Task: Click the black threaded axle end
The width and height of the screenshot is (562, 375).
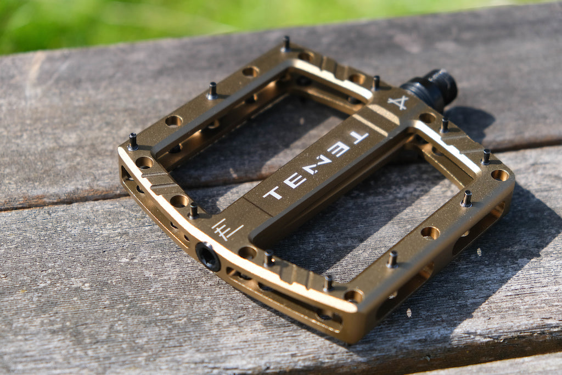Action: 430,88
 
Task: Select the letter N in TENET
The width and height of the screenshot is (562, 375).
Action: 316,166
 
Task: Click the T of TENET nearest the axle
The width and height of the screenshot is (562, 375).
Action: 358,138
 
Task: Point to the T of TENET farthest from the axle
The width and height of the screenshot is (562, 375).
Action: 273,192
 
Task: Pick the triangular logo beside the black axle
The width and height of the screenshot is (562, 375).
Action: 398,103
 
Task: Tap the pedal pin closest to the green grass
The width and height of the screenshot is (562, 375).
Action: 286,44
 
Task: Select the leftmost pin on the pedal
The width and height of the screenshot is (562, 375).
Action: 133,142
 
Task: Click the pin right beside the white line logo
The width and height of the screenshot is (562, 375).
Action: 193,211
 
